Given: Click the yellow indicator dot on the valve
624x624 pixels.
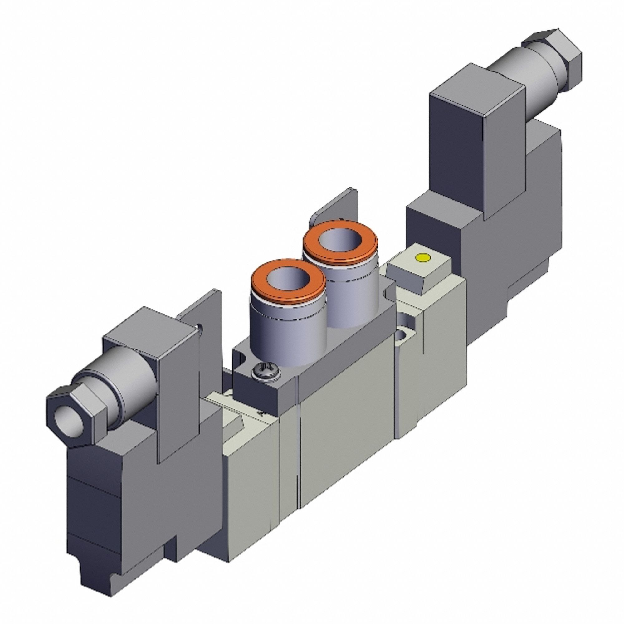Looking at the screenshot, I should click(x=423, y=258).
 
